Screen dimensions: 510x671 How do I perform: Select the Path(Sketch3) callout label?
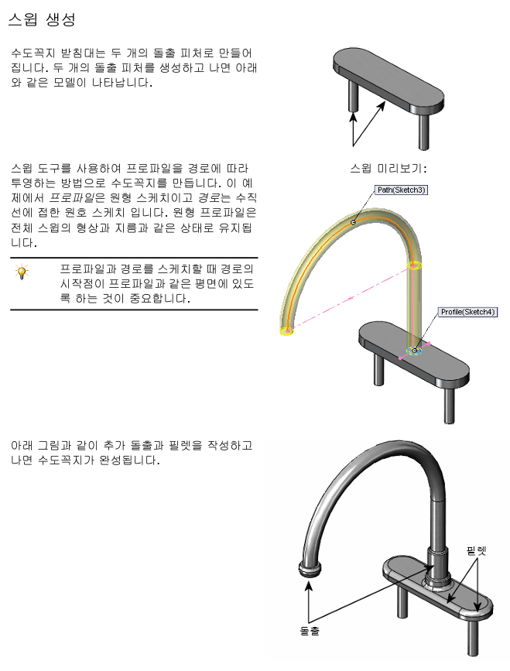(401, 190)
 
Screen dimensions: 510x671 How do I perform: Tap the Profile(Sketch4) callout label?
(467, 312)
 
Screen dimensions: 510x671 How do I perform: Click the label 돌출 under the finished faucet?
(310, 631)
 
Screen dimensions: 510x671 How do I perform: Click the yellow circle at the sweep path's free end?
(287, 331)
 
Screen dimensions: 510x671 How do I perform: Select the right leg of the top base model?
(424, 130)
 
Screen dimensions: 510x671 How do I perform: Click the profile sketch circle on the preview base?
(415, 351)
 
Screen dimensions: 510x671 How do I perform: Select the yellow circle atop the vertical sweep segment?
(415, 267)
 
